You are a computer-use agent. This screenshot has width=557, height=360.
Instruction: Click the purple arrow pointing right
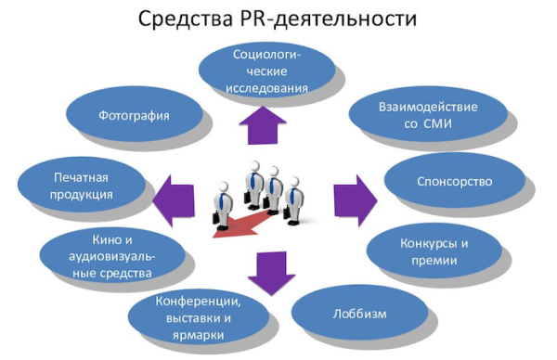tap(356, 197)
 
